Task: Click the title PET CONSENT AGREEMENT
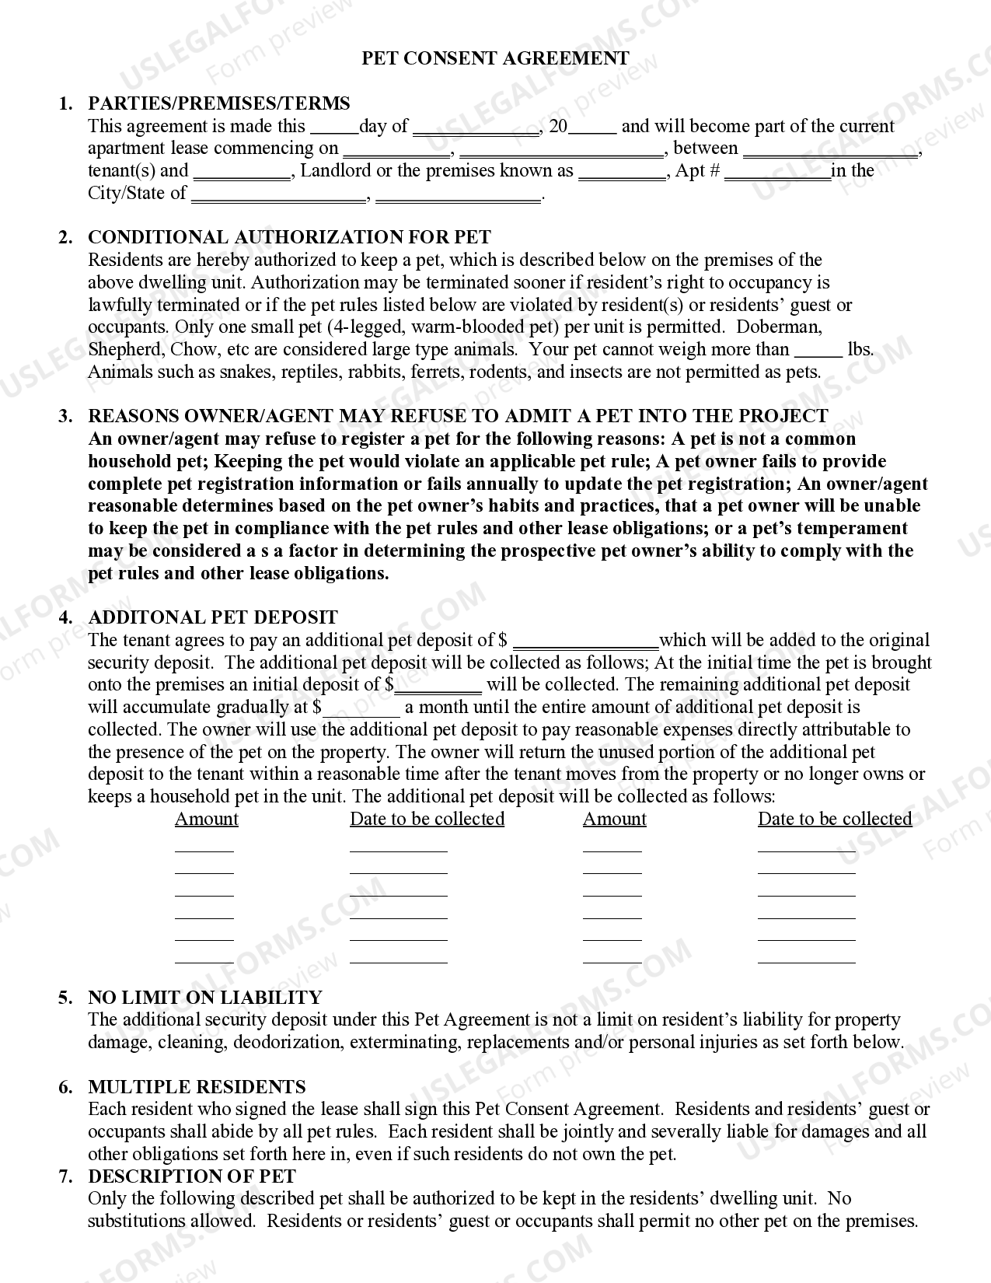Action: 495,58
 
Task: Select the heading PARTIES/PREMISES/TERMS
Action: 218,103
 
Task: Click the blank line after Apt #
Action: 777,173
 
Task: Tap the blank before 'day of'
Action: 333,128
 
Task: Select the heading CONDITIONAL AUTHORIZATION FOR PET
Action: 289,237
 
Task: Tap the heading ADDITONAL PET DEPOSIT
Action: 213,617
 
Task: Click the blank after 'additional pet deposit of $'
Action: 585,641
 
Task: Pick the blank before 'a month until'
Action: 362,708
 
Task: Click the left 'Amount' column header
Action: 206,819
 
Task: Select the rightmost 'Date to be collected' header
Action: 834,819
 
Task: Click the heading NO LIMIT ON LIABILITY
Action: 204,997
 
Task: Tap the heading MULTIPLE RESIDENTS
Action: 197,1086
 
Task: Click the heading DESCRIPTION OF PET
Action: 191,1176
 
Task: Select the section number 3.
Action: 65,416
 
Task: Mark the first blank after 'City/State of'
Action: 278,194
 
